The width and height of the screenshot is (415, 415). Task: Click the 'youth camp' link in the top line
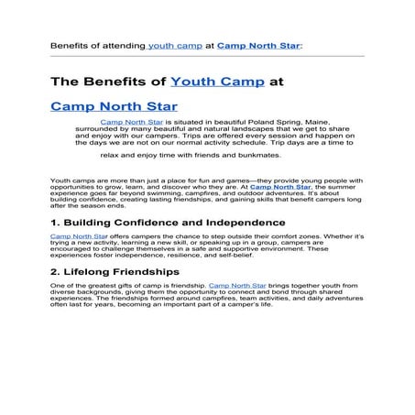pyautogui.click(x=174, y=43)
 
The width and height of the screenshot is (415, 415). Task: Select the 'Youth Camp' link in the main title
pyautogui.click(x=217, y=81)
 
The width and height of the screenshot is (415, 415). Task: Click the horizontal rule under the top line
pyautogui.click(x=207, y=56)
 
